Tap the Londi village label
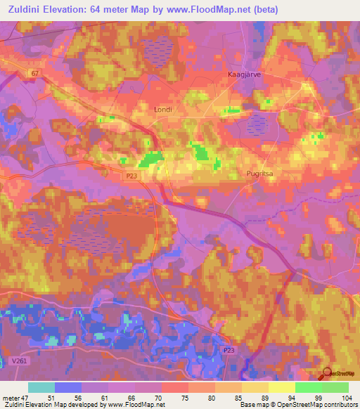click(162, 110)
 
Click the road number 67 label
click(35, 73)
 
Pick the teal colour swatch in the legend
click(41, 387)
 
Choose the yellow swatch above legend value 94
click(281, 387)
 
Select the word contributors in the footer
click(339, 405)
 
